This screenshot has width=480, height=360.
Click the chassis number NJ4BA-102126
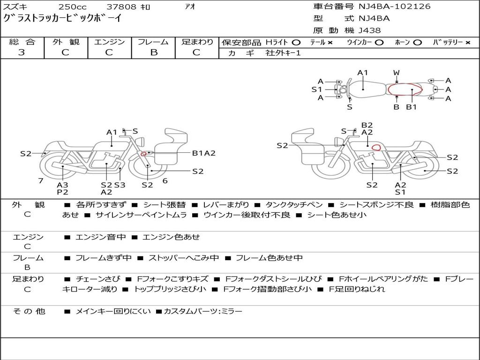(395, 7)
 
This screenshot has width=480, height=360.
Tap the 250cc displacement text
(73, 7)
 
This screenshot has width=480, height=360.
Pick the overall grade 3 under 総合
(22, 52)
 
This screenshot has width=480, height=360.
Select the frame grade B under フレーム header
(154, 52)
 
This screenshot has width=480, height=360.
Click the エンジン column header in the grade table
(110, 42)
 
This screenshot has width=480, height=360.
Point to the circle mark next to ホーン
(417, 43)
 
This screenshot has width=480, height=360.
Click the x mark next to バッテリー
(467, 43)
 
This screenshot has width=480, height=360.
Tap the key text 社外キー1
(283, 53)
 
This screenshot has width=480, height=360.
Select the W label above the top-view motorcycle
(397, 73)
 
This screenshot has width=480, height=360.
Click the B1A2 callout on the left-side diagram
(203, 153)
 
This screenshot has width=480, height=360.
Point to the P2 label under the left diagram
(62, 192)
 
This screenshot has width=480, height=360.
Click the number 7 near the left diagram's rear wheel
(41, 180)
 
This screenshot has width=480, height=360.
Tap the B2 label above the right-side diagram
(367, 125)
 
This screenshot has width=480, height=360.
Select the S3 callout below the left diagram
(120, 185)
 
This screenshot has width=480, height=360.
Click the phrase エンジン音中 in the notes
(100, 237)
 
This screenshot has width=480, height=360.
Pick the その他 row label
(29, 311)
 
